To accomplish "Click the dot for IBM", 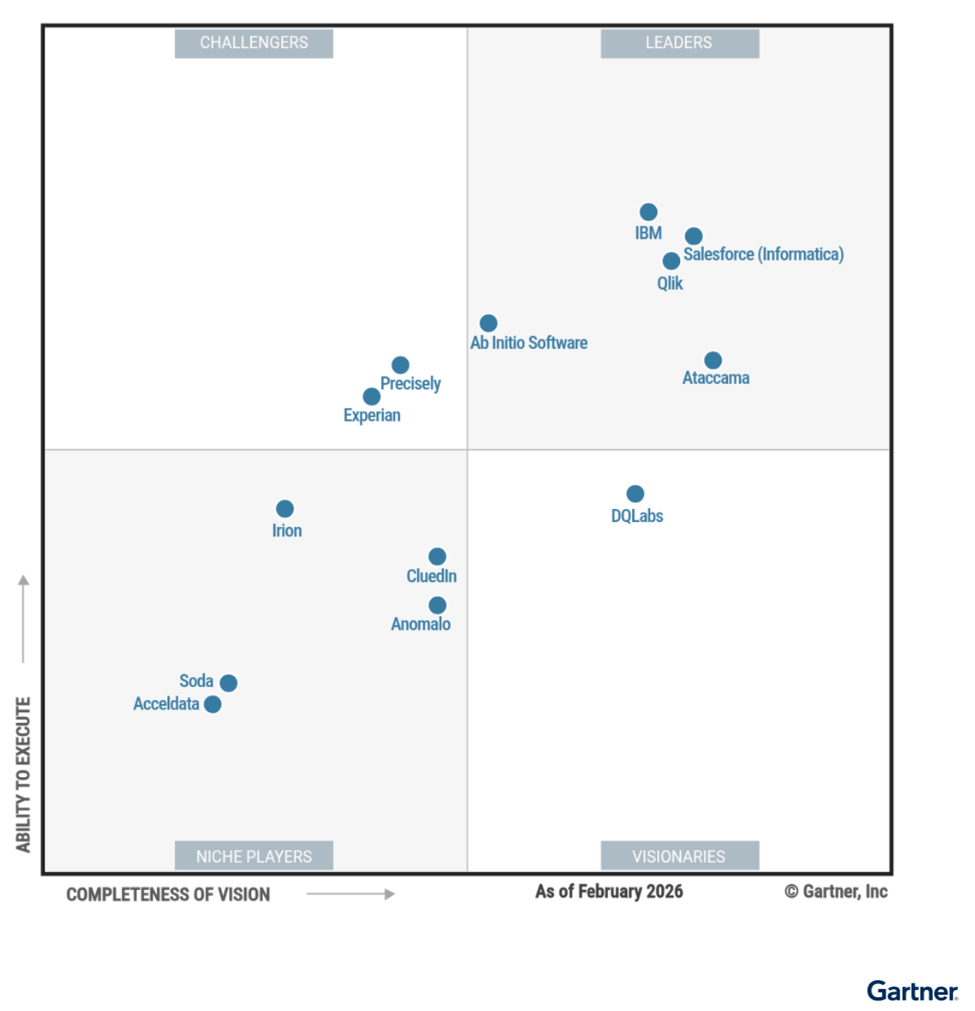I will pyautogui.click(x=648, y=212).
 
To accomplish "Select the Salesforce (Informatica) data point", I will pyautogui.click(x=693, y=236).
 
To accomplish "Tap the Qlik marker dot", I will pyautogui.click(x=671, y=261).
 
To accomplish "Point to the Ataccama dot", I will pyautogui.click(x=713, y=360).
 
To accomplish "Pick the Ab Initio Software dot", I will pyautogui.click(x=488, y=323).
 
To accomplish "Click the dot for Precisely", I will pyautogui.click(x=401, y=365).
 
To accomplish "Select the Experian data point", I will pyautogui.click(x=371, y=396).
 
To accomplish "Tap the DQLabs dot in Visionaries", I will pyautogui.click(x=635, y=494).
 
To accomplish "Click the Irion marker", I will pyautogui.click(x=284, y=508).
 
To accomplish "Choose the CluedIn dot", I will pyautogui.click(x=437, y=556).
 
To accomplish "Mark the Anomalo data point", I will pyautogui.click(x=437, y=605).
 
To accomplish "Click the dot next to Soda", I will pyautogui.click(x=228, y=683).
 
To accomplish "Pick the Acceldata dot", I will pyautogui.click(x=213, y=704).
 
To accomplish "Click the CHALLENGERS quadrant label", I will pyautogui.click(x=253, y=43).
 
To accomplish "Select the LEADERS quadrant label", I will pyautogui.click(x=679, y=43).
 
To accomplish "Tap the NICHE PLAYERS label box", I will pyautogui.click(x=253, y=856).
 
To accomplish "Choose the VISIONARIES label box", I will pyautogui.click(x=679, y=856).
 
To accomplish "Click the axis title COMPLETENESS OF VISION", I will pyautogui.click(x=168, y=894).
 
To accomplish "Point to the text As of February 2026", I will pyautogui.click(x=609, y=892).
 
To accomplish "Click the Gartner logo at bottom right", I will pyautogui.click(x=912, y=992).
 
